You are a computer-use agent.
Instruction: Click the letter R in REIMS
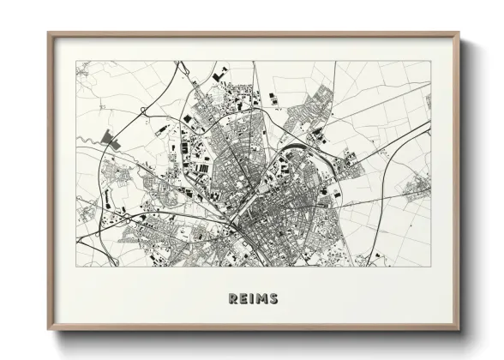pos(232,299)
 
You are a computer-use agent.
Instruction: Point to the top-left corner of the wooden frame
pos(49,33)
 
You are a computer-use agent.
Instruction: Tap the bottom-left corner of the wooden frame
pos(49,330)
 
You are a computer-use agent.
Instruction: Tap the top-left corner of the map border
pos(76,61)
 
